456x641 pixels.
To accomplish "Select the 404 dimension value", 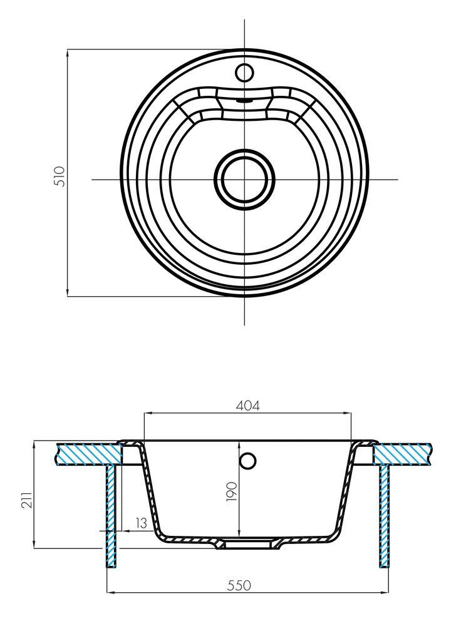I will click(247, 406).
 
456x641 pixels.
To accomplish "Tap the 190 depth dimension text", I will click(231, 492).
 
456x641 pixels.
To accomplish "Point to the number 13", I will click(141, 523).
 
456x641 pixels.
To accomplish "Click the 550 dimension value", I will click(239, 585).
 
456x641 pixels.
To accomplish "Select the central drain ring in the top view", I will click(244, 178).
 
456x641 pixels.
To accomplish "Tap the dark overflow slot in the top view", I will click(244, 98).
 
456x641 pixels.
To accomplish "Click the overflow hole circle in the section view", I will click(248, 461).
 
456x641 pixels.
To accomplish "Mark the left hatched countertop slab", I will click(88, 454).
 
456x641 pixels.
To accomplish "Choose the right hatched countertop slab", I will click(402, 454).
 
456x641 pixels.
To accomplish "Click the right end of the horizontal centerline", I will click(398, 180).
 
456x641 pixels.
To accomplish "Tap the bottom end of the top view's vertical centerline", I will click(244, 324).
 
